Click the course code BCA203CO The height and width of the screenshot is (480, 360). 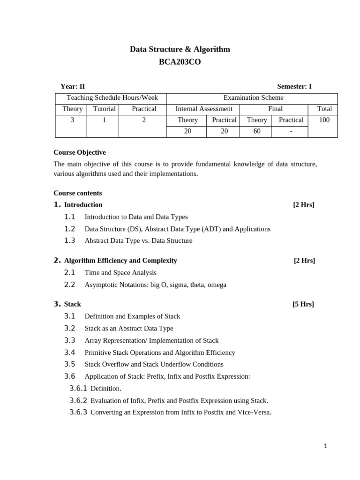(x=180, y=61)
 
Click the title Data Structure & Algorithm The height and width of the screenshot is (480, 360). (x=180, y=49)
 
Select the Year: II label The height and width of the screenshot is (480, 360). (x=73, y=86)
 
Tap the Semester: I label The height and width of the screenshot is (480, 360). (x=294, y=86)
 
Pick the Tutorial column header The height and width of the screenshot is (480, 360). (x=104, y=109)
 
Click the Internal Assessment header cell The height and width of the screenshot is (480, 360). (x=203, y=109)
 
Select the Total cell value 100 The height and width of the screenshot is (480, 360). (x=324, y=120)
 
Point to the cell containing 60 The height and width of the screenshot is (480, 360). (x=257, y=131)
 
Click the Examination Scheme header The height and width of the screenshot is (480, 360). (x=253, y=97)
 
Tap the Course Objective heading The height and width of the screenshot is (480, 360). (x=80, y=152)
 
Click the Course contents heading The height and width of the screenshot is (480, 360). (x=77, y=193)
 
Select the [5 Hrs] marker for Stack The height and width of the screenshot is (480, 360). (x=303, y=304)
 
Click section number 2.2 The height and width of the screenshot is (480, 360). (x=69, y=285)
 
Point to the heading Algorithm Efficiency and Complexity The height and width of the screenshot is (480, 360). (x=120, y=261)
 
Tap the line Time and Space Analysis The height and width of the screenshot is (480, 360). (x=120, y=273)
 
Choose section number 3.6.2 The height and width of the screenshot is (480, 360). (x=78, y=400)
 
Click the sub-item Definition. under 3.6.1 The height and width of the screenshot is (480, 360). (x=106, y=389)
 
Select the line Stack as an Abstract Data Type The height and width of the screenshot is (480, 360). (x=129, y=329)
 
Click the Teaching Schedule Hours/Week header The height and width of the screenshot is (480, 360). (x=112, y=97)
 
